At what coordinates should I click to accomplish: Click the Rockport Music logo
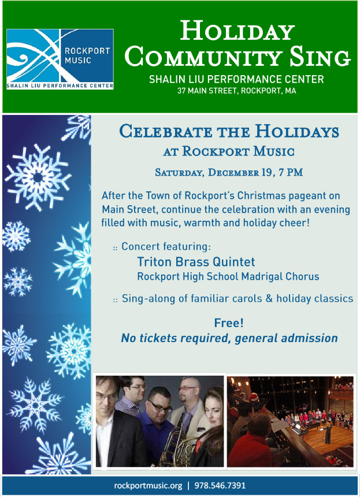click(x=60, y=59)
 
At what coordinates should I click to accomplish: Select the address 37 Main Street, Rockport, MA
click(x=237, y=91)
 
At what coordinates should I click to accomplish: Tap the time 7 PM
click(x=287, y=172)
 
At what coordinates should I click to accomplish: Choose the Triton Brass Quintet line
click(x=195, y=262)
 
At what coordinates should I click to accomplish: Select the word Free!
click(x=229, y=322)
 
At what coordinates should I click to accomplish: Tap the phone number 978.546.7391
click(x=221, y=485)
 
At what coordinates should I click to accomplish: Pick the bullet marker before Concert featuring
click(x=115, y=247)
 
